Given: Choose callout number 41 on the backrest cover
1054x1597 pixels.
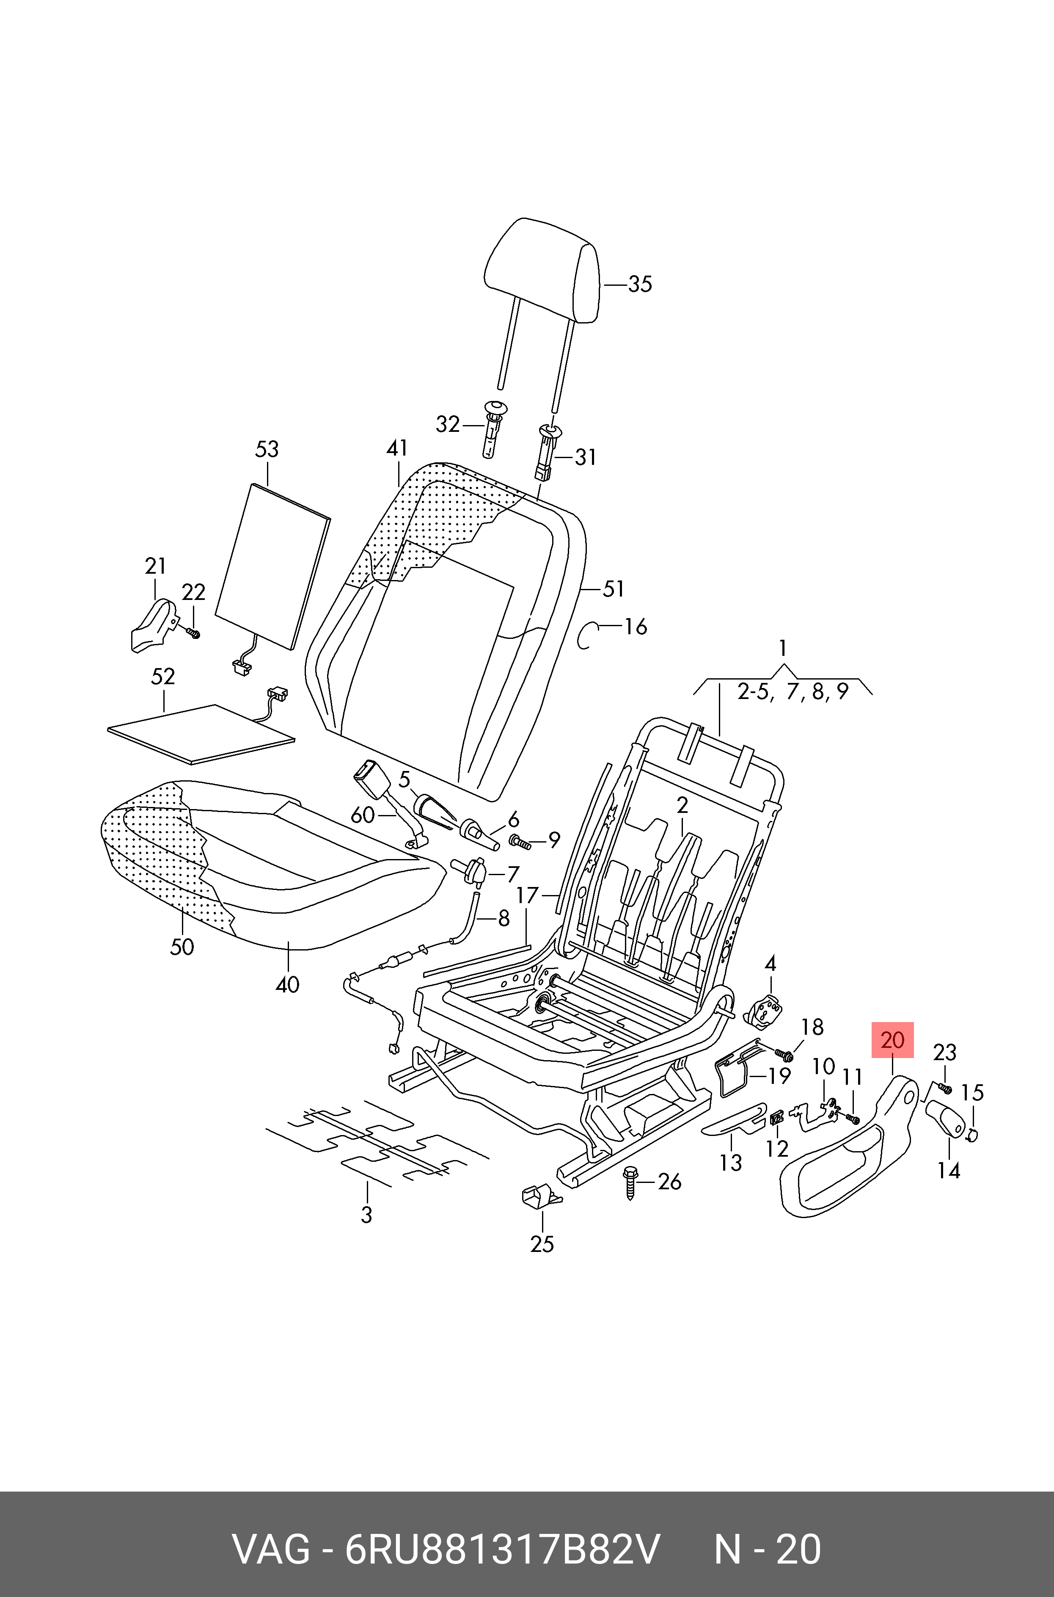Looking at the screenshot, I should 397,448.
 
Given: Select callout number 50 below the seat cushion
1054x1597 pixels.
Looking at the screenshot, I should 182,947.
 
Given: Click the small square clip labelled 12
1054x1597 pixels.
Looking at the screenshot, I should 776,1118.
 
